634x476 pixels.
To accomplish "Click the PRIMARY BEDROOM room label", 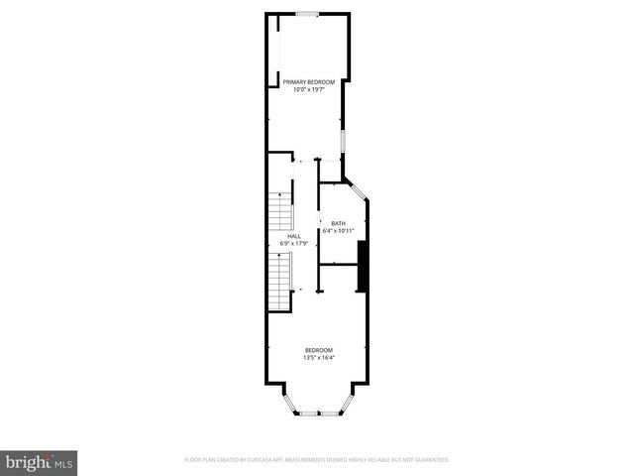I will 308,81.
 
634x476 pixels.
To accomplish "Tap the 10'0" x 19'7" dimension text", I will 308,89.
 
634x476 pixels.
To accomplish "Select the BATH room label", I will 338,223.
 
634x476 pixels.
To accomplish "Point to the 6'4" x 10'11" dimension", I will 338,231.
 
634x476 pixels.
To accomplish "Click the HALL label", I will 294,236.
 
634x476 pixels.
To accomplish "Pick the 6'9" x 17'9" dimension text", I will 294,244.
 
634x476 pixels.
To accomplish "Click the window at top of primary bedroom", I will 307,14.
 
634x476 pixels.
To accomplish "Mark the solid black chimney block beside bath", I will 363,266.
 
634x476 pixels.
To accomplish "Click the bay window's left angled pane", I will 287,403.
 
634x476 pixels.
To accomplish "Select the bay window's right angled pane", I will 349,403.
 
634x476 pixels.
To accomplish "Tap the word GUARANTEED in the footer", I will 429,460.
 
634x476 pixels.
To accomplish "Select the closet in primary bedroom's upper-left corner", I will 272,50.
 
